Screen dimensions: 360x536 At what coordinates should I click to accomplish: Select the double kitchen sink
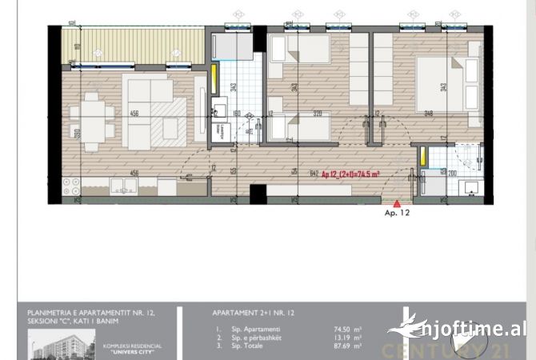[123, 187]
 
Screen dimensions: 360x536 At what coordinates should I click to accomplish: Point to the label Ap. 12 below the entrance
[397, 214]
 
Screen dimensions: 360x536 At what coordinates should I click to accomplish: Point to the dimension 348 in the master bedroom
[430, 114]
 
